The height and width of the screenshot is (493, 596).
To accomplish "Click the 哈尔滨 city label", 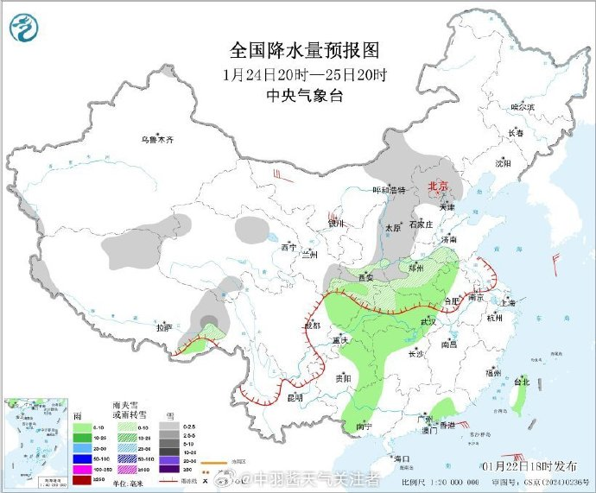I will tap(523, 107).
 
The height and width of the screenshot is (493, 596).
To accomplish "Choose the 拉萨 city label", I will tap(164, 328).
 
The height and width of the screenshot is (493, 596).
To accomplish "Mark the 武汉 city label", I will tap(428, 322).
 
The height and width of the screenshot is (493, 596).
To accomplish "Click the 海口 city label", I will tap(401, 458).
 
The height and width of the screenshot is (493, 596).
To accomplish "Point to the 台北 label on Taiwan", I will tap(522, 381).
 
